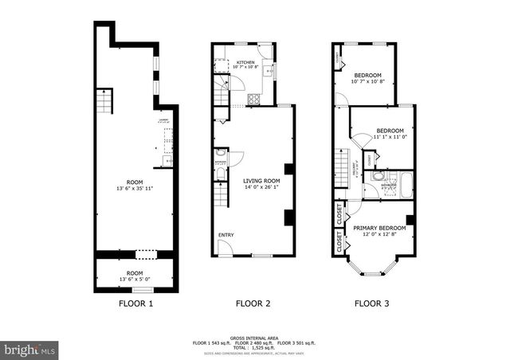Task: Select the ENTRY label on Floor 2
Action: (x=227, y=234)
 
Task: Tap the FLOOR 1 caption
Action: (x=135, y=303)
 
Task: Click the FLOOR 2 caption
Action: (x=253, y=303)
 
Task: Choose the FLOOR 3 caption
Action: (x=372, y=303)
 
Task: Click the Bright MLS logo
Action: (x=29, y=349)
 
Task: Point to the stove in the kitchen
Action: (x=254, y=100)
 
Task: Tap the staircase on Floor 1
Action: (x=103, y=101)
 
